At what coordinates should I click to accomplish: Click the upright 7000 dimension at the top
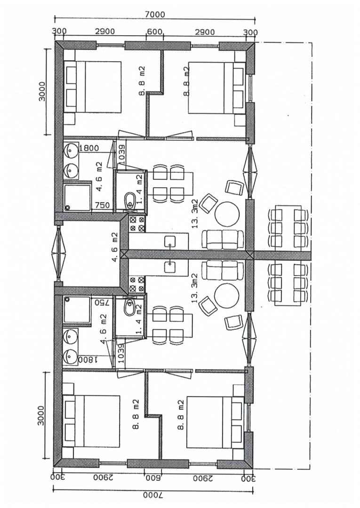(x=155, y=14)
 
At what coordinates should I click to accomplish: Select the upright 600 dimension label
(x=154, y=32)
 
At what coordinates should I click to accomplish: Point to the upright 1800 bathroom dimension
(x=89, y=148)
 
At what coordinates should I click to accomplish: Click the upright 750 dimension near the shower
(x=103, y=205)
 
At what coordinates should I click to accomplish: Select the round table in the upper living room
(x=227, y=214)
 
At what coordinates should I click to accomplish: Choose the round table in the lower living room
(x=226, y=296)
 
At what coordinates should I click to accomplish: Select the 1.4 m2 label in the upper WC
(x=139, y=189)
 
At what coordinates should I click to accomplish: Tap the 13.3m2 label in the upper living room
(x=195, y=214)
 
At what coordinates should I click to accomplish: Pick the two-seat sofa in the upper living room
(x=223, y=239)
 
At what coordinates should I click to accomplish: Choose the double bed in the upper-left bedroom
(x=92, y=87)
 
